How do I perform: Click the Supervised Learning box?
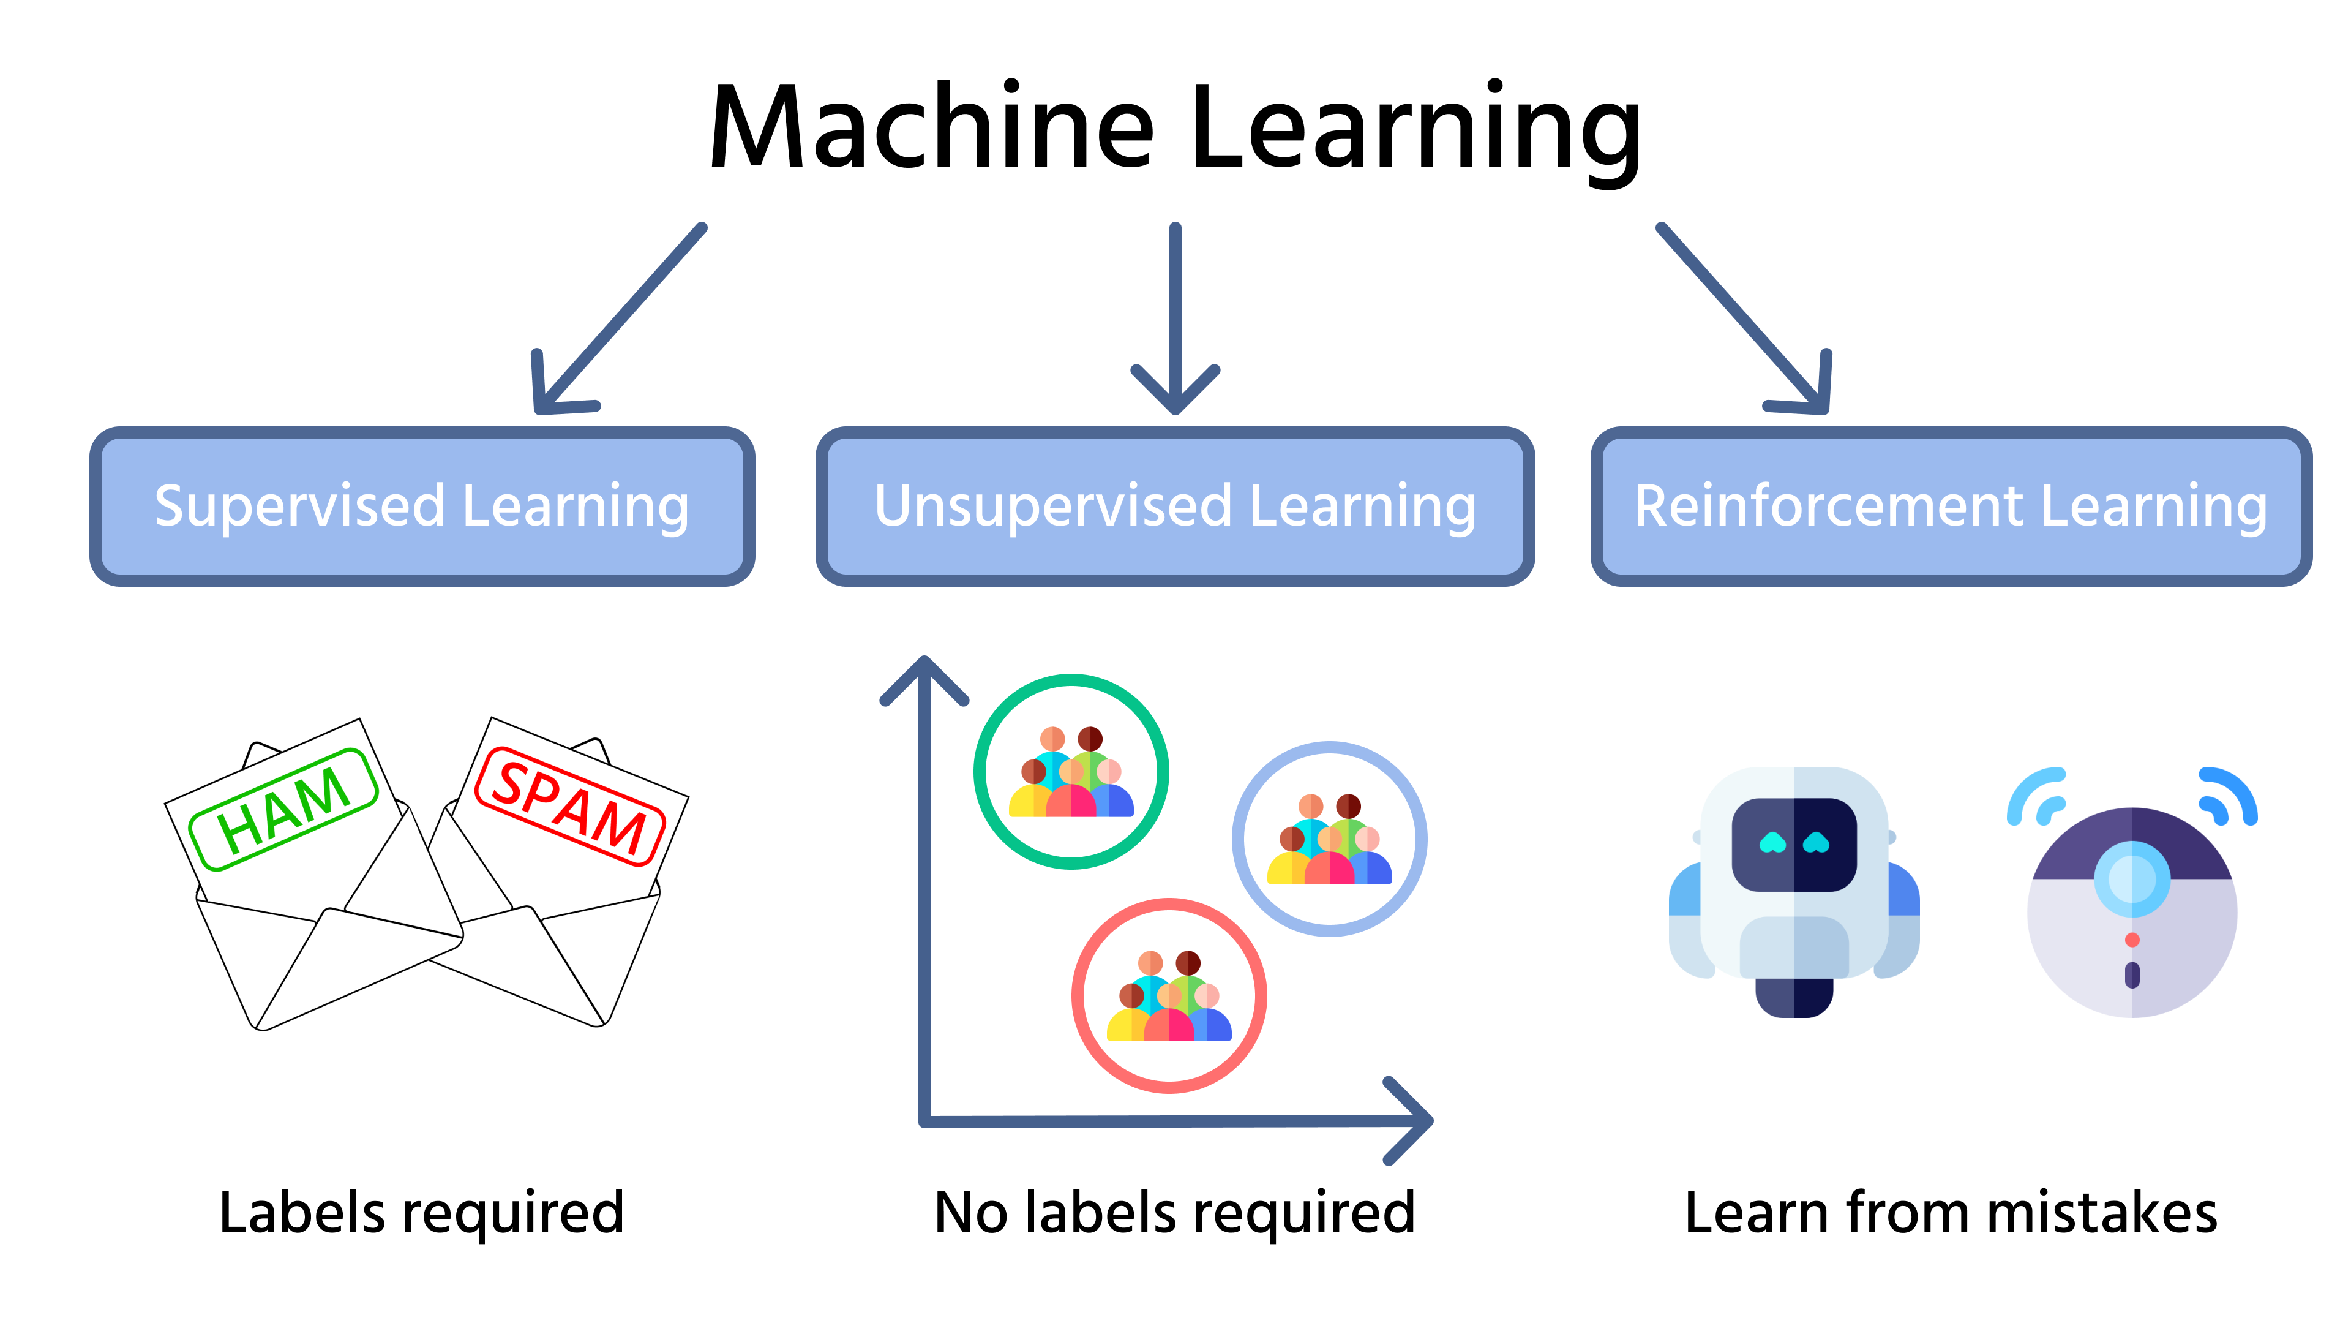tap(422, 506)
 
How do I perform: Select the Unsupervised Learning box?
tap(1175, 506)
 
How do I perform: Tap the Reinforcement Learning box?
tap(1951, 506)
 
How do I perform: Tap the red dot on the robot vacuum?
tap(2132, 940)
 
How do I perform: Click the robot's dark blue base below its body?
tap(1794, 997)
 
